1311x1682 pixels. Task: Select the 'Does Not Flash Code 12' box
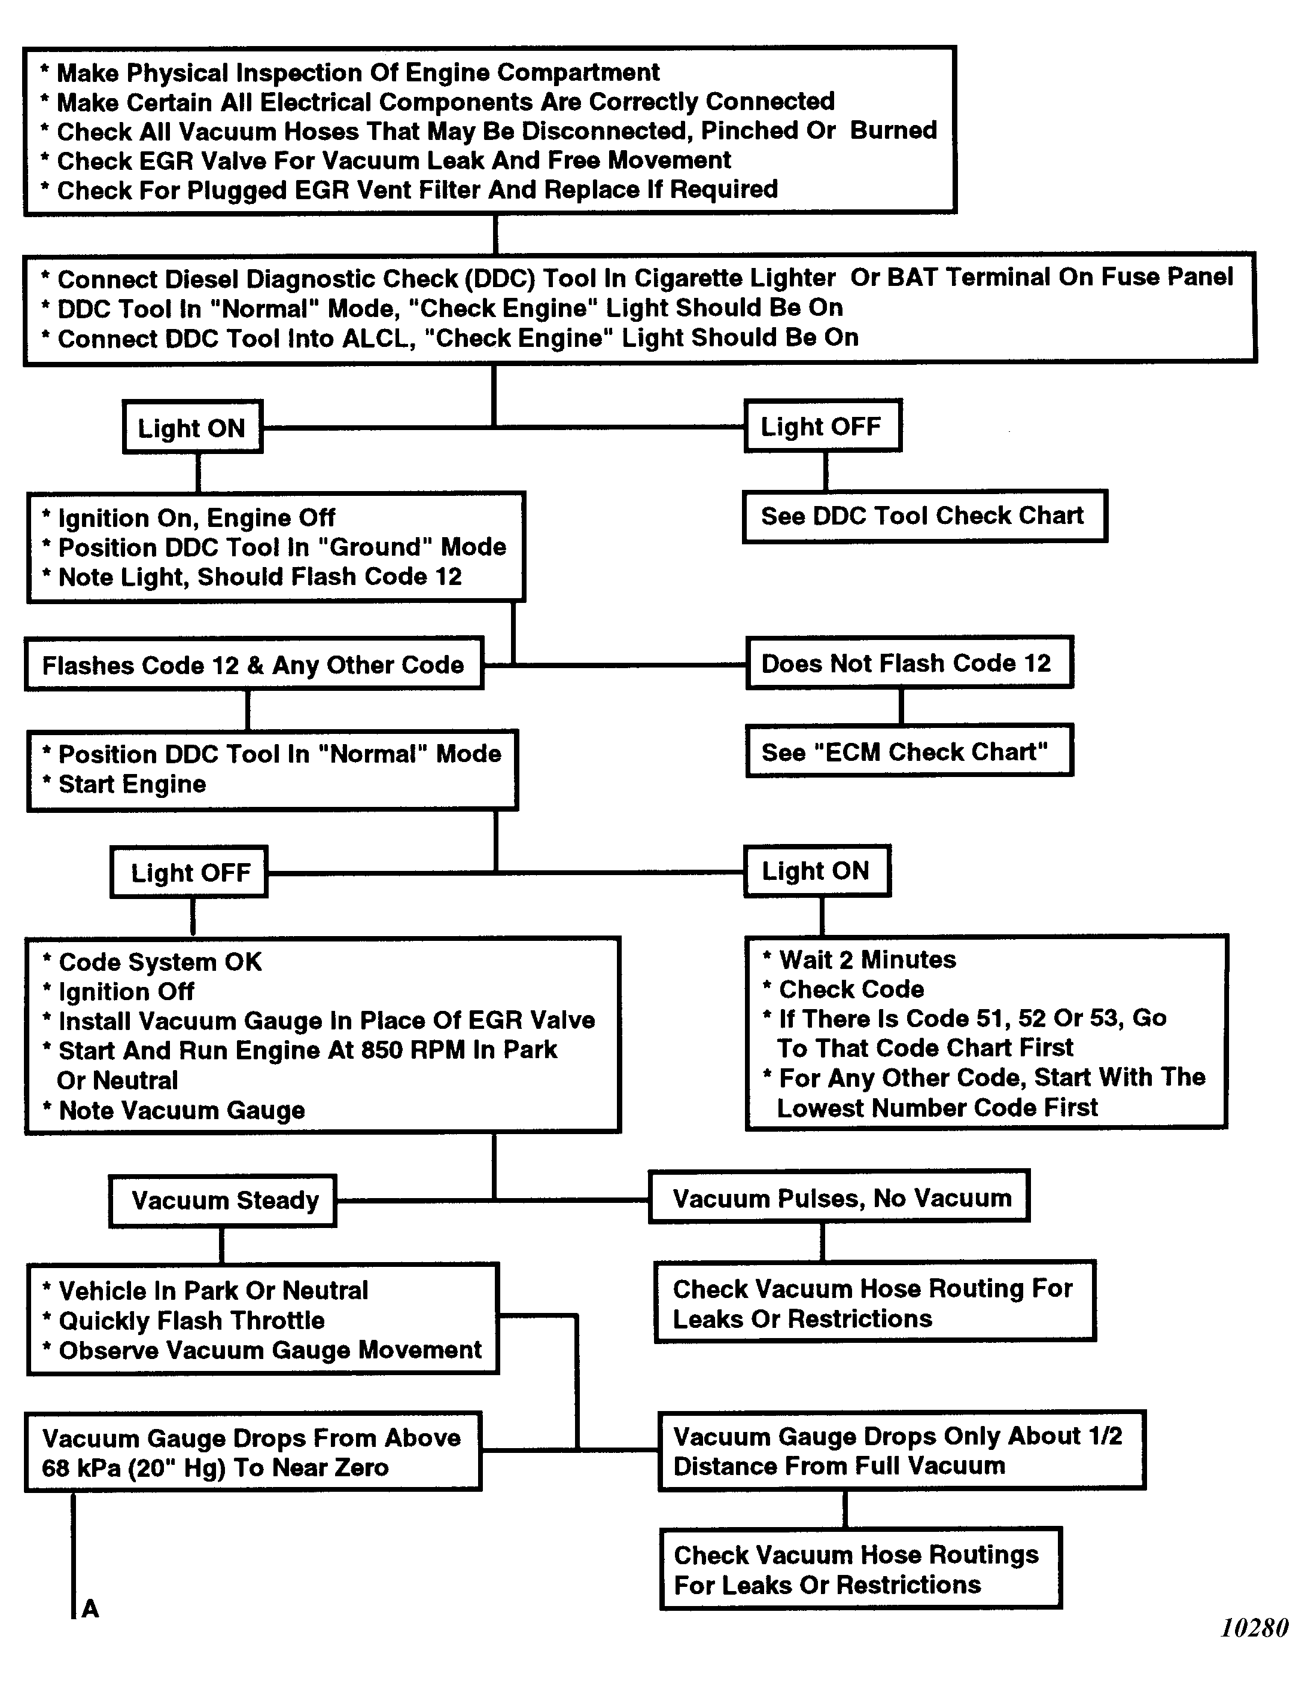coord(909,663)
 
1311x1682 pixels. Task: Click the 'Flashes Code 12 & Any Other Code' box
coord(254,664)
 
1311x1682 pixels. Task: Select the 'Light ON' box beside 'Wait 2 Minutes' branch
coord(817,871)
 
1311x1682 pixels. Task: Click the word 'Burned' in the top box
coord(893,130)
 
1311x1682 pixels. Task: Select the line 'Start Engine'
coord(132,784)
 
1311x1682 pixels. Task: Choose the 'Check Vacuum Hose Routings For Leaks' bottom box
coord(860,1569)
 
